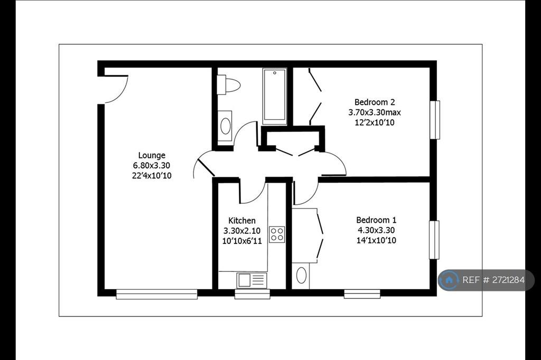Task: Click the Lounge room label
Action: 152,156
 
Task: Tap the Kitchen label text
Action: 242,221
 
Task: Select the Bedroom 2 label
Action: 375,102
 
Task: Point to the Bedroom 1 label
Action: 376,220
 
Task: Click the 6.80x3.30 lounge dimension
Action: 152,166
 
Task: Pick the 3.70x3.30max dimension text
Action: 375,112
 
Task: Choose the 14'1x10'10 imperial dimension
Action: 376,240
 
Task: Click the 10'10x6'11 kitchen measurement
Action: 242,241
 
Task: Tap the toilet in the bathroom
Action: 228,85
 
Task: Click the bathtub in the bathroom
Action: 275,96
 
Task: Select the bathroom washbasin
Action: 225,126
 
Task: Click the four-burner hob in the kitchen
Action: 277,234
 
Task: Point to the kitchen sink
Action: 251,280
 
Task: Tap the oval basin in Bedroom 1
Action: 301,276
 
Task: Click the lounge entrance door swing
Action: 116,89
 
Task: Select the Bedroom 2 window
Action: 435,120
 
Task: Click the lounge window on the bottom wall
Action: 156,294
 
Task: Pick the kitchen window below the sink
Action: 252,294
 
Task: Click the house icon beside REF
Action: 449,280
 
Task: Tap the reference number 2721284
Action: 504,280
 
